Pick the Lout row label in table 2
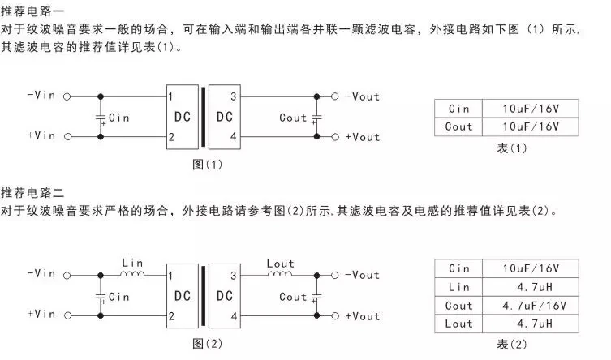click(458, 324)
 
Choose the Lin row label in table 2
click(458, 287)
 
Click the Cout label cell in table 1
click(458, 126)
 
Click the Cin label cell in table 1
click(458, 108)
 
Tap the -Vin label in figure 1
click(41, 96)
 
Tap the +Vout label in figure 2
click(362, 316)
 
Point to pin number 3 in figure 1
click(234, 97)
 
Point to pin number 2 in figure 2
click(171, 316)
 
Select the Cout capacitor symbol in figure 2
click(317, 297)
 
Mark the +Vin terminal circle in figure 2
click(67, 316)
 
